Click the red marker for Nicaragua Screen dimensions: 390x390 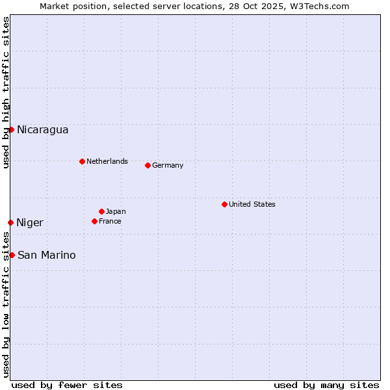click(x=11, y=129)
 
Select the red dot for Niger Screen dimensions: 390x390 click(x=10, y=222)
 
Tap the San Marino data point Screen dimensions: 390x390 click(x=12, y=255)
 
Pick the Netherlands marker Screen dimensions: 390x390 click(x=82, y=161)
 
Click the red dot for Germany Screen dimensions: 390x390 click(x=148, y=165)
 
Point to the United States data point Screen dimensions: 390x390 click(x=224, y=204)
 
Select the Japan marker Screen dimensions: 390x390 click(x=101, y=211)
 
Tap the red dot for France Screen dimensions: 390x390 click(x=94, y=221)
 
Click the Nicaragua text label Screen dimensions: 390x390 click(x=42, y=130)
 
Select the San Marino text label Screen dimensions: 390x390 click(x=46, y=255)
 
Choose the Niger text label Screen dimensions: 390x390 click(x=30, y=223)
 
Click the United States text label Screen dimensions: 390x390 click(x=252, y=204)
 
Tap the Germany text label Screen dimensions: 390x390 click(x=168, y=165)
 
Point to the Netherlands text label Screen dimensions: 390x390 click(x=107, y=161)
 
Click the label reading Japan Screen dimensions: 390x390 click(x=116, y=211)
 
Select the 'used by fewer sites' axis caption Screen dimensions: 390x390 click(x=67, y=385)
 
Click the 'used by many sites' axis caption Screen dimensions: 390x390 click(x=326, y=385)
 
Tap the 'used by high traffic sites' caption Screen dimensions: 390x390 click(x=6, y=92)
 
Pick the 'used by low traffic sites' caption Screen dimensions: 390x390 click(x=6, y=305)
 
